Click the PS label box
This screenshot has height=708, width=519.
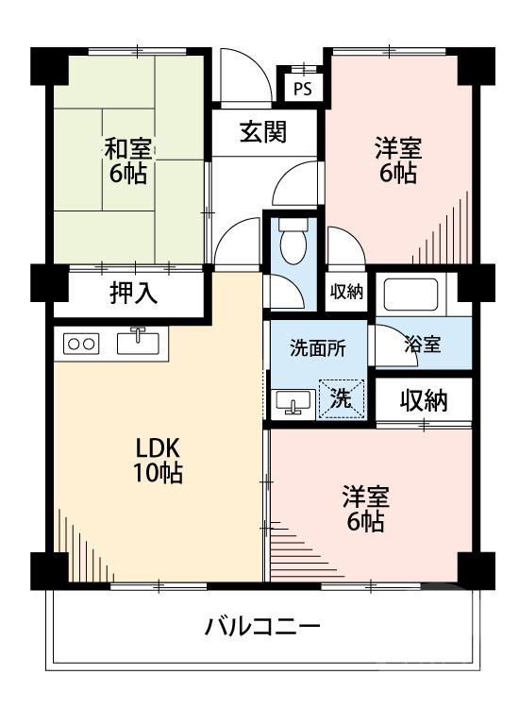tap(302, 90)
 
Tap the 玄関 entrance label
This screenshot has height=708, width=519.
tap(262, 133)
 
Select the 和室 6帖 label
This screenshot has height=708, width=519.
tap(129, 160)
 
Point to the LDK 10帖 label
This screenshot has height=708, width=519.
tap(157, 460)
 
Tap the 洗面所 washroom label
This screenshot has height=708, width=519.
tap(316, 346)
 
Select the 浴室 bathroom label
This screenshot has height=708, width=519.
tap(422, 345)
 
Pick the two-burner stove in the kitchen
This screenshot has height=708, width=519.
tap(82, 345)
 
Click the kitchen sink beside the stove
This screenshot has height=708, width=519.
tap(139, 342)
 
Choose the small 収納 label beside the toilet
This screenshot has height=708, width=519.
tap(346, 293)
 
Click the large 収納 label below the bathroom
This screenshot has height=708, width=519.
tap(421, 400)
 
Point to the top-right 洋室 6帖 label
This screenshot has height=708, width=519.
tap(397, 160)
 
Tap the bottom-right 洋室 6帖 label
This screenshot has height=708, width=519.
tap(364, 508)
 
